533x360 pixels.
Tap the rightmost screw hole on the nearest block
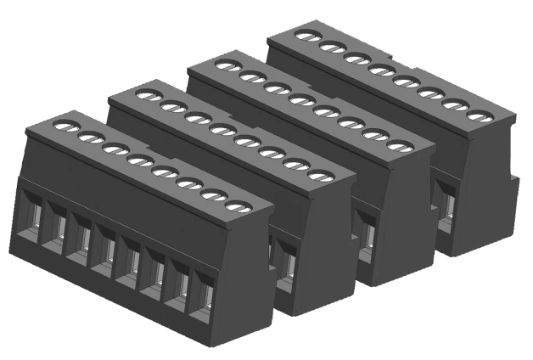pyautogui.click(x=240, y=206)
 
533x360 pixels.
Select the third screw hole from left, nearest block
pyautogui.click(x=115, y=149)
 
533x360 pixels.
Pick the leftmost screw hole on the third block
pyautogui.click(x=226, y=65)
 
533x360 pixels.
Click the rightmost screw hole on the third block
pyautogui.click(x=399, y=146)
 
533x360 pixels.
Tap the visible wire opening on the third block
pyautogui.click(x=366, y=233)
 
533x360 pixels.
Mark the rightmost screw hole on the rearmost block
pyautogui.click(x=480, y=116)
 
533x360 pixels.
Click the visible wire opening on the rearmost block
pyautogui.click(x=446, y=205)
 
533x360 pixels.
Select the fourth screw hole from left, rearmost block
pyautogui.click(x=380, y=70)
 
